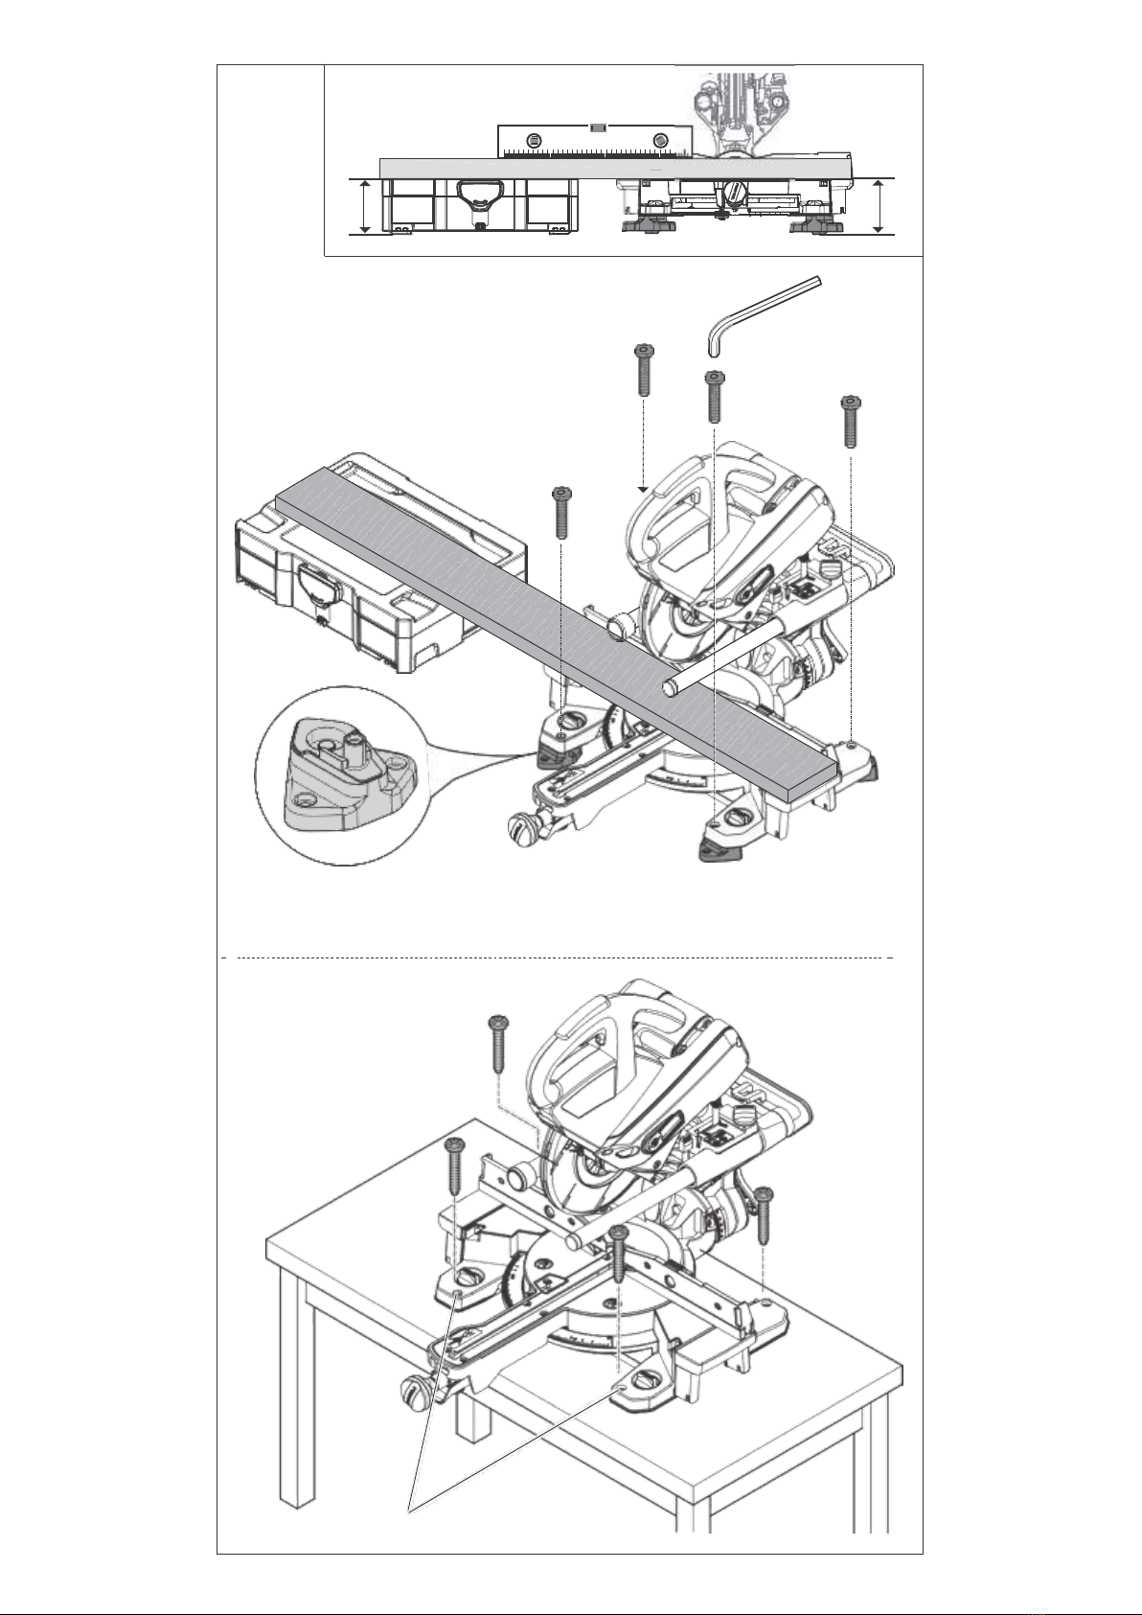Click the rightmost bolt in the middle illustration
click(x=849, y=422)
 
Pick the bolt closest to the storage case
click(x=560, y=512)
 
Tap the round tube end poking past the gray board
click(x=672, y=688)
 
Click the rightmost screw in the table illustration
click(x=764, y=1212)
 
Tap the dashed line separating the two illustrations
click(x=556, y=957)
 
